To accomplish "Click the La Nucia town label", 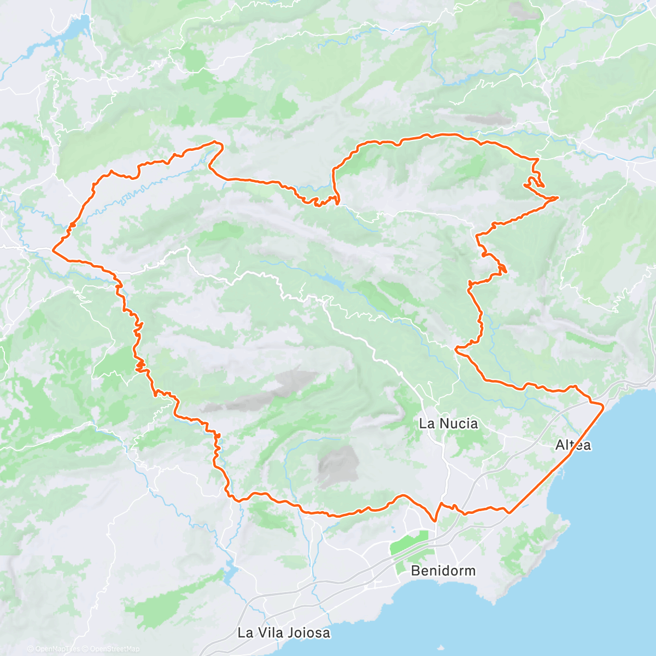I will point(448,423).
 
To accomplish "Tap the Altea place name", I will point(573,445).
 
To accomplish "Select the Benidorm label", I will point(443,571).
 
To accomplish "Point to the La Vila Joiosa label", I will point(284,632).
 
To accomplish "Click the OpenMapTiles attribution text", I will point(57,649).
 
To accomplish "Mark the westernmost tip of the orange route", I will point(52,250).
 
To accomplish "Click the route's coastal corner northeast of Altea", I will point(602,406).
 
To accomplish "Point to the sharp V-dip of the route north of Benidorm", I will point(435,520).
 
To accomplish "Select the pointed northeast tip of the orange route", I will point(557,197).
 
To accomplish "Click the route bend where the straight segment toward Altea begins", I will point(509,512).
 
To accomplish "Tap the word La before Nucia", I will point(426,423).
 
